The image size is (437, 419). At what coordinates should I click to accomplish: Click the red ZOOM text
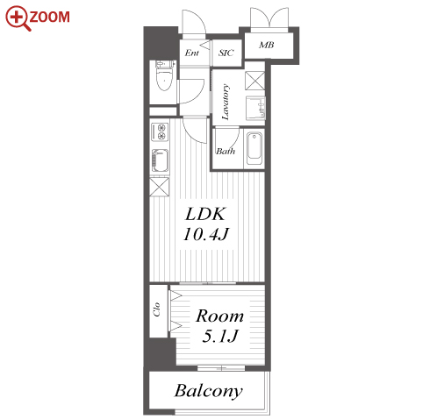point(50,17)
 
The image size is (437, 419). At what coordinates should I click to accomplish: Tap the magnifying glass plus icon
point(18,18)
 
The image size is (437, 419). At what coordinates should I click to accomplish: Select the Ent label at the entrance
point(192,53)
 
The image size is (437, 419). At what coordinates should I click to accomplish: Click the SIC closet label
point(226,53)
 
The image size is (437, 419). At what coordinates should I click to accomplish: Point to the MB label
point(267,45)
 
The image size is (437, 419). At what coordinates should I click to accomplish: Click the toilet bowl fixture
point(165,75)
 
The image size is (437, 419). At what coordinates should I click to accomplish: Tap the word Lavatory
point(226,102)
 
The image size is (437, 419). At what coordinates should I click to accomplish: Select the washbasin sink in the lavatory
point(255,108)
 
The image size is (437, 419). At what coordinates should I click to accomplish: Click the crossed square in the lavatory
point(254,81)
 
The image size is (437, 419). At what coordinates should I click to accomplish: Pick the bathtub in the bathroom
point(254,149)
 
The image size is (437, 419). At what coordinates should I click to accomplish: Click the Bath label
point(226,151)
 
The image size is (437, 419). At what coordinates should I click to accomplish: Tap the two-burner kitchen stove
point(160,132)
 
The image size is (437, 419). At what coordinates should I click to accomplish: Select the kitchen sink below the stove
point(160,160)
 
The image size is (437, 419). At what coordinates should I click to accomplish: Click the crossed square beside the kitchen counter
point(160,187)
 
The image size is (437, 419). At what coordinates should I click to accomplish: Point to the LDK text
point(205,214)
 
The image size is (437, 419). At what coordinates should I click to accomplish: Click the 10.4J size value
point(206,234)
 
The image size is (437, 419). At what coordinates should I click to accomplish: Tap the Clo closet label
point(157,309)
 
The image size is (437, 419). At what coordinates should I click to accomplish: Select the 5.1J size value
point(220,336)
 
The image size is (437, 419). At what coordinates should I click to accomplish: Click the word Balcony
point(209,391)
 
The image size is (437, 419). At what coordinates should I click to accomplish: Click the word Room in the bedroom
point(219,316)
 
